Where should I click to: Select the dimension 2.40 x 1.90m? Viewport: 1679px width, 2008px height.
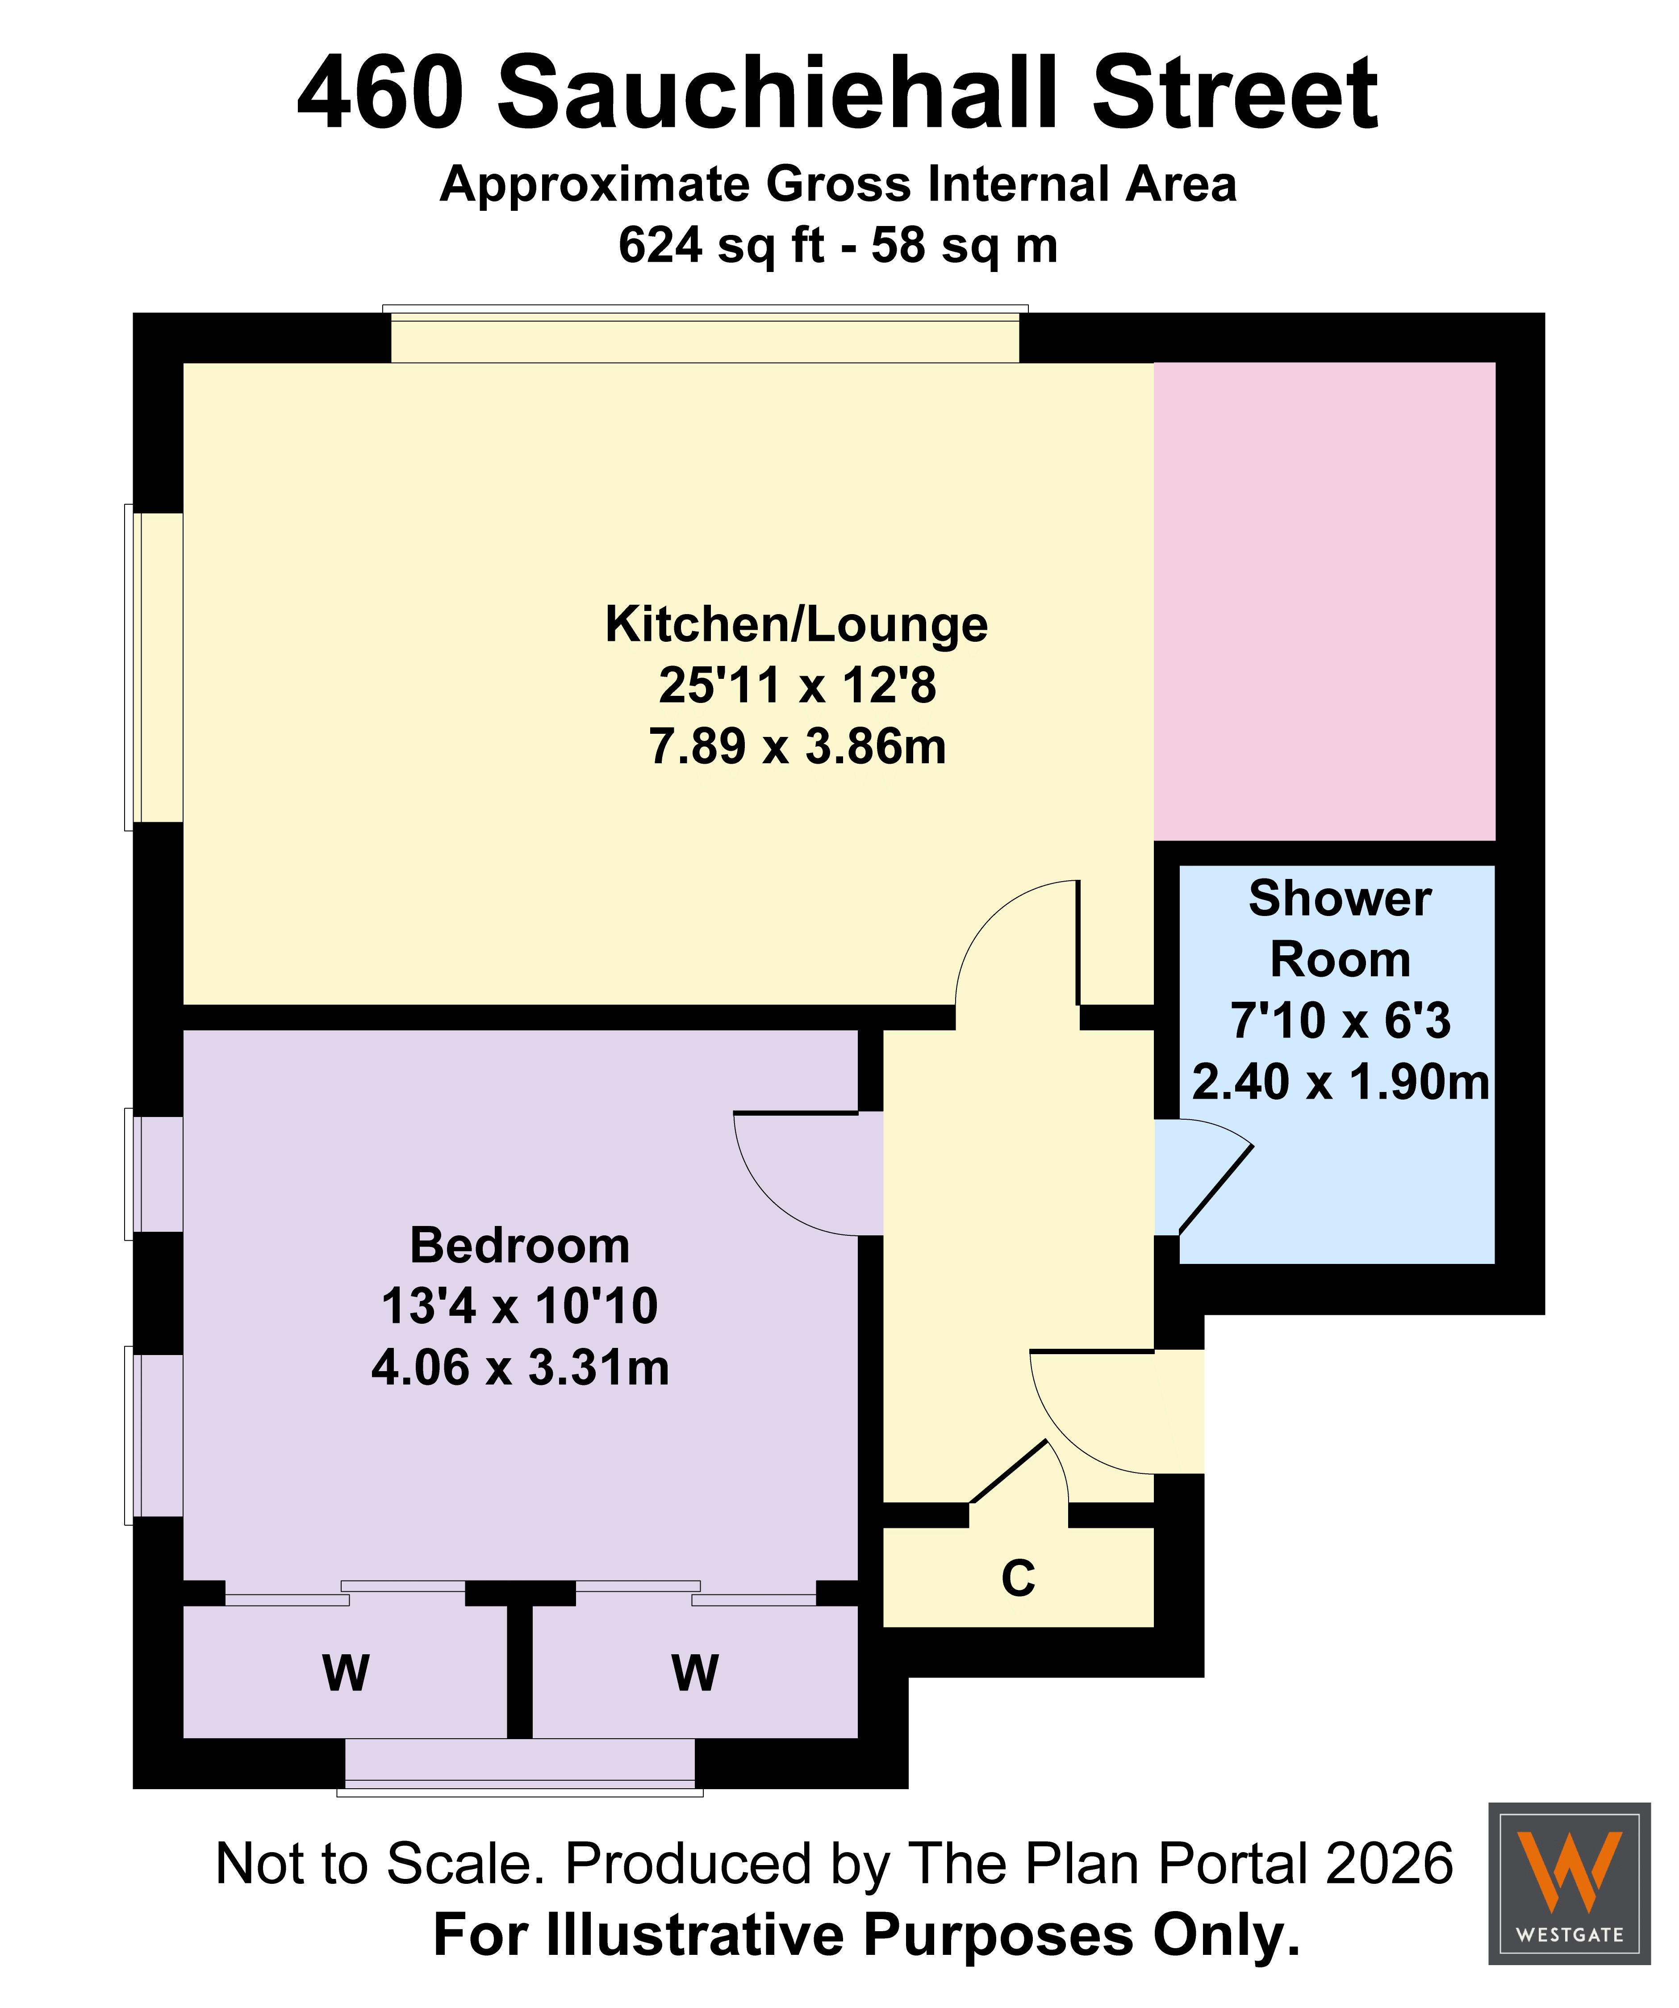pyautogui.click(x=1341, y=1083)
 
